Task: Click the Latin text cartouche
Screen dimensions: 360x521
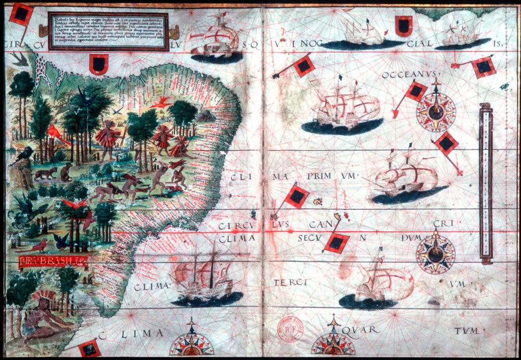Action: coord(108,32)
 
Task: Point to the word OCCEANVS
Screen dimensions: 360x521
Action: coord(410,75)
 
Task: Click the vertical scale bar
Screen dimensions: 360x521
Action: coord(486,183)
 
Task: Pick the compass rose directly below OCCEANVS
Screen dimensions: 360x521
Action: coord(436,110)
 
